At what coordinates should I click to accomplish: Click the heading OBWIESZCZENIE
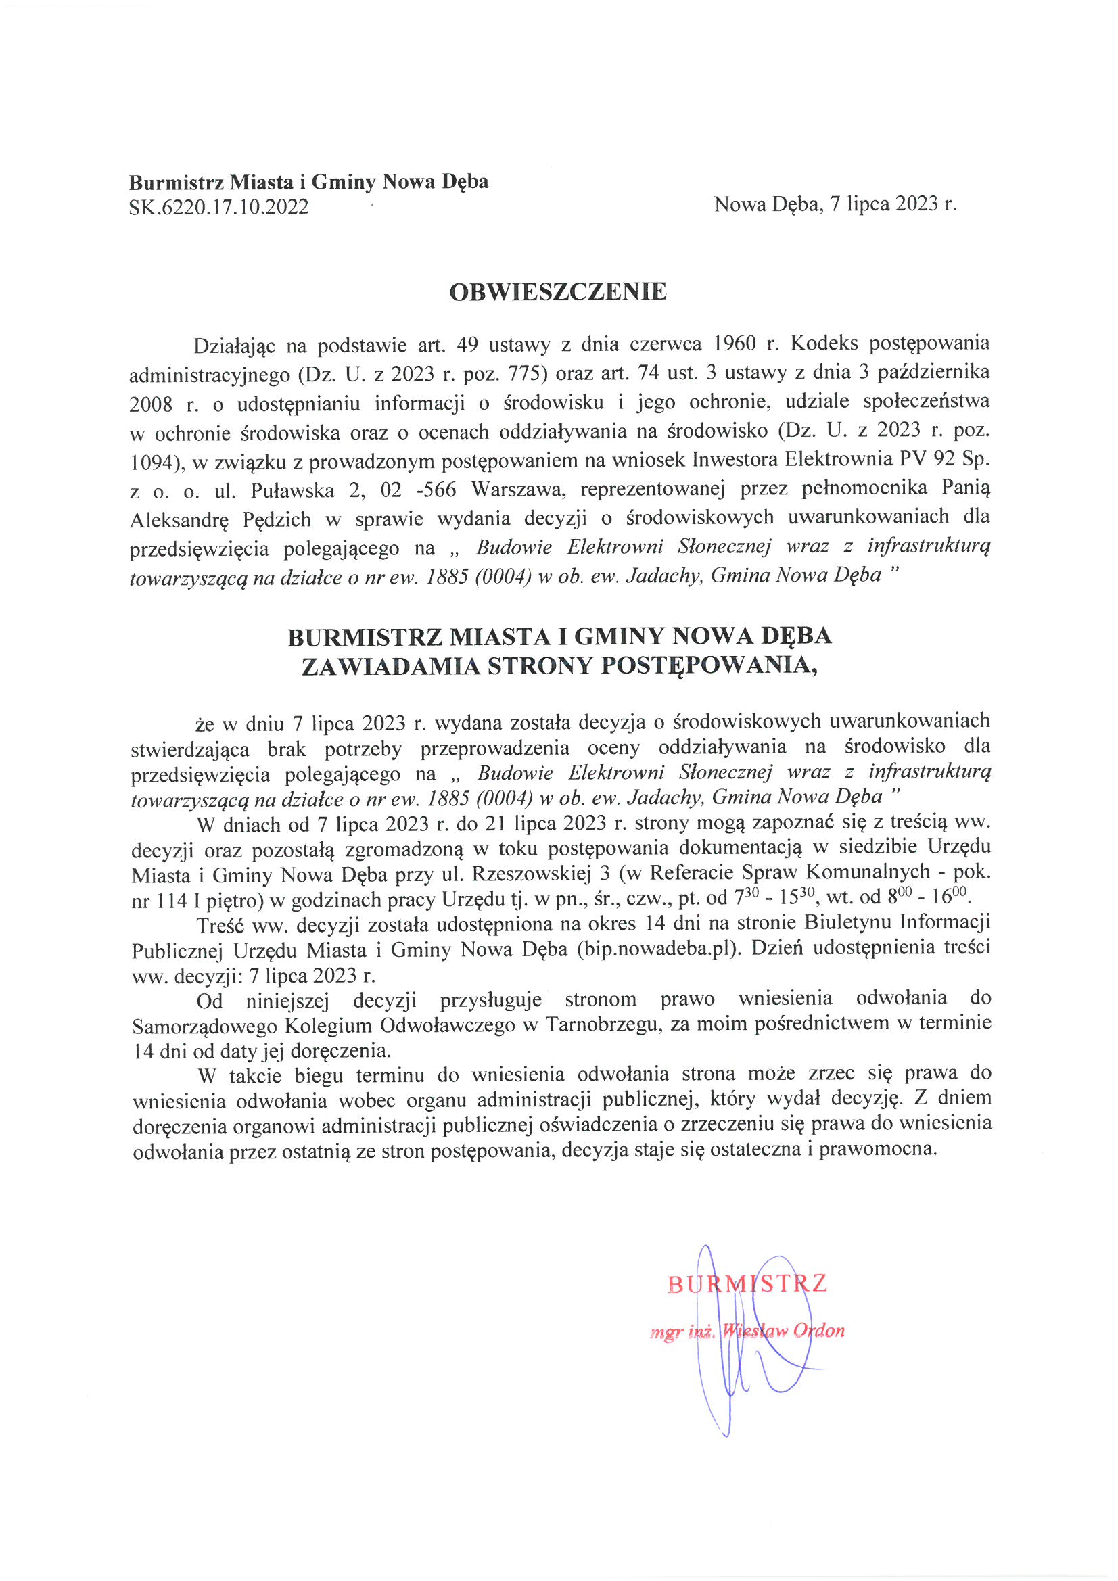click(x=558, y=292)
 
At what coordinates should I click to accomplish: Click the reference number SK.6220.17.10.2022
click(x=218, y=206)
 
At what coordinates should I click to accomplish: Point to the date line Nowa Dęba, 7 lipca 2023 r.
click(x=835, y=204)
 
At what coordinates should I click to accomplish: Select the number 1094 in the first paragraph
click(x=152, y=461)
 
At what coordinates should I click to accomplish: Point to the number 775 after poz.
click(x=522, y=373)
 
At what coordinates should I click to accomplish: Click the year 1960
click(x=734, y=344)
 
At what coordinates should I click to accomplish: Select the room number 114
click(x=172, y=900)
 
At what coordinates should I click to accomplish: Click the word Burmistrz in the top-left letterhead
click(x=176, y=183)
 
